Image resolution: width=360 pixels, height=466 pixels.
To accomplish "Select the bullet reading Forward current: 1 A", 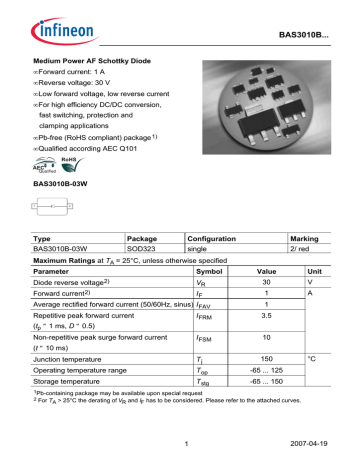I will coord(80,73).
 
